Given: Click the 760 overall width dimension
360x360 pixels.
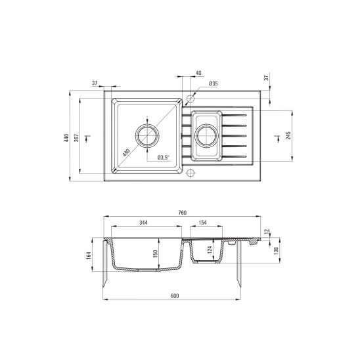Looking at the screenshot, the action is pyautogui.click(x=182, y=213).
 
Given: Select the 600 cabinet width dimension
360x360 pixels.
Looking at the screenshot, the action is pyautogui.click(x=175, y=296).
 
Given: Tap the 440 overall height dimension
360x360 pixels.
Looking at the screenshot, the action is pyautogui.click(x=66, y=137).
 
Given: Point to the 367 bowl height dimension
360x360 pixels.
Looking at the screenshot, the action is pyautogui.click(x=76, y=138).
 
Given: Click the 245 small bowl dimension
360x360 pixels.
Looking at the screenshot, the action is pyautogui.click(x=288, y=135).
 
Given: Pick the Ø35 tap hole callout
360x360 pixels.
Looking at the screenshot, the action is pyautogui.click(x=214, y=83).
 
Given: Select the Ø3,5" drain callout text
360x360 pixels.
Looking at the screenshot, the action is pyautogui.click(x=163, y=158).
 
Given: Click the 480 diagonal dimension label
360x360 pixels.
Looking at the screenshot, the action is pyautogui.click(x=126, y=152).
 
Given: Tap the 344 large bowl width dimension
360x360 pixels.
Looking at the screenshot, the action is pyautogui.click(x=143, y=223).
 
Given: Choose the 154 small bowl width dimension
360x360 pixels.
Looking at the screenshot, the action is pyautogui.click(x=202, y=223).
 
